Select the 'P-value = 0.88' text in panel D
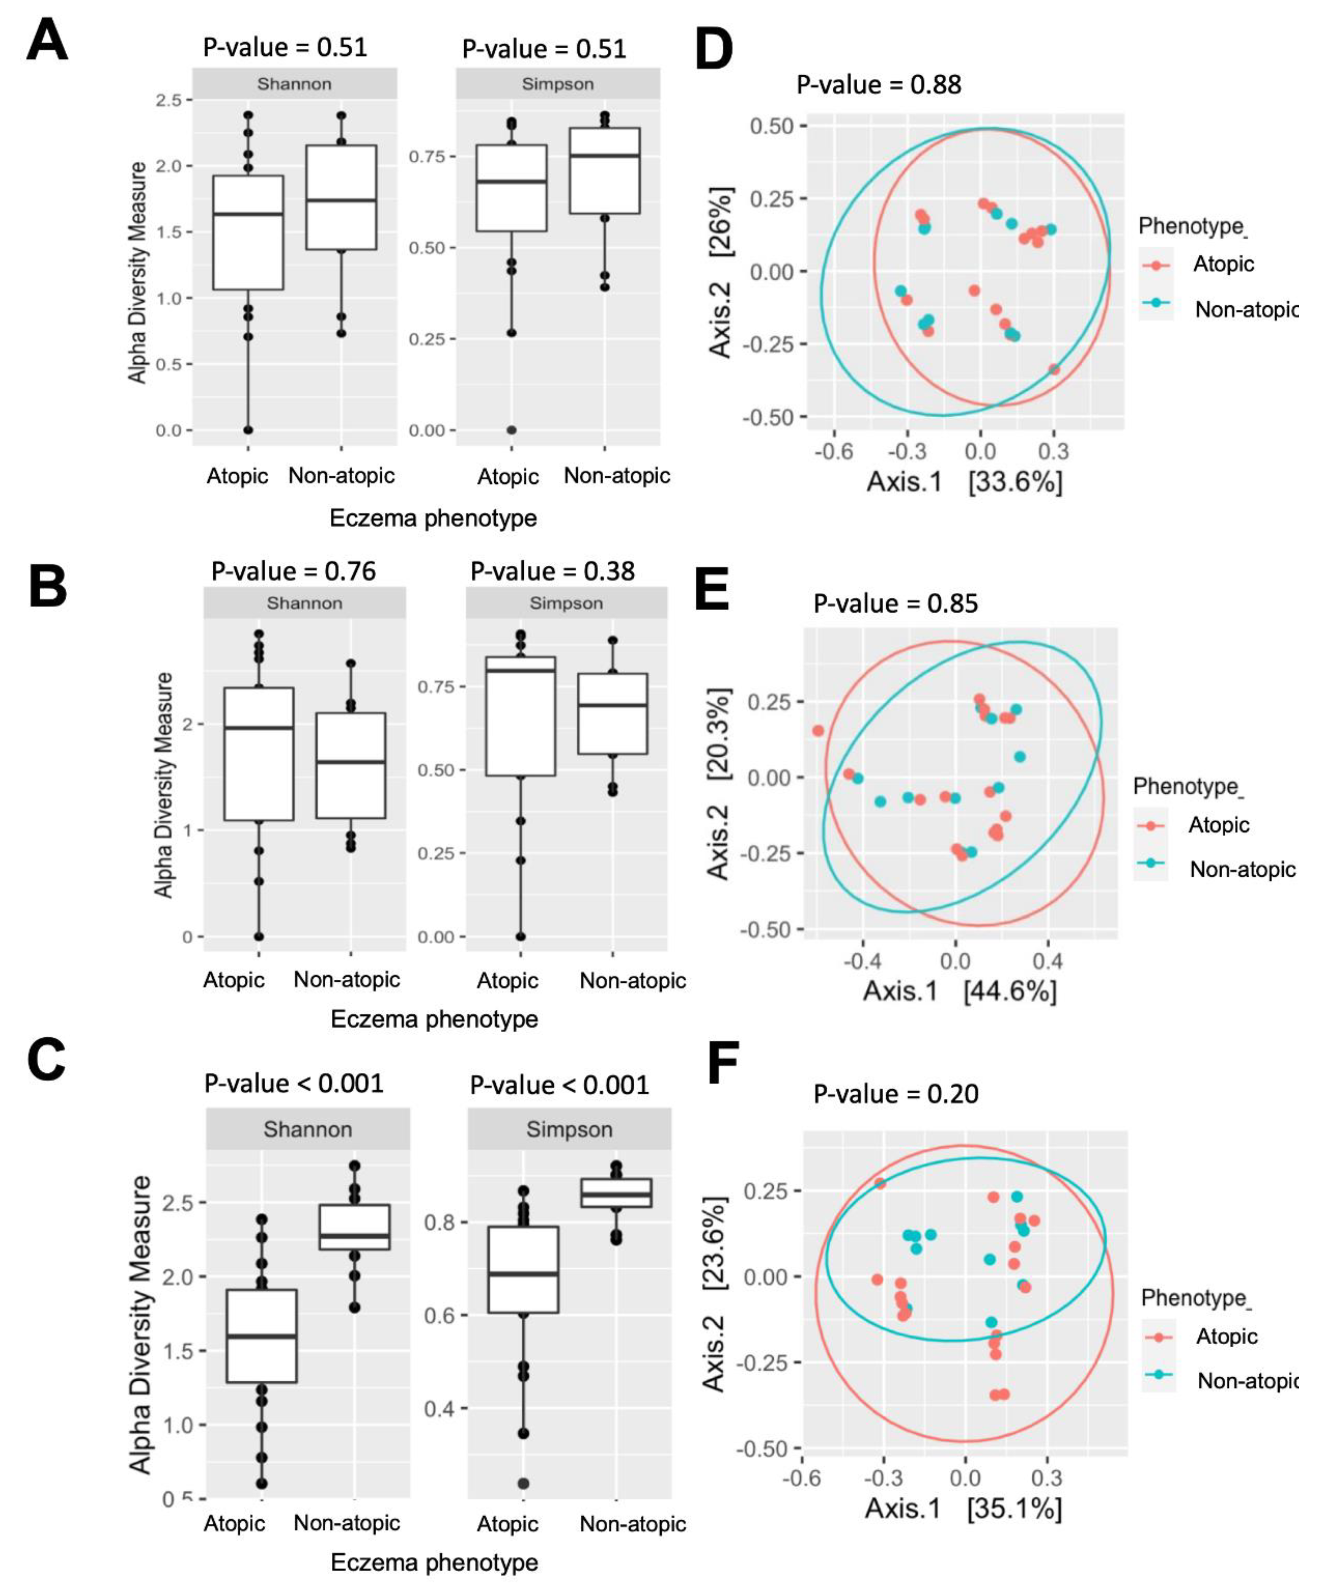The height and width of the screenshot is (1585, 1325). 879,84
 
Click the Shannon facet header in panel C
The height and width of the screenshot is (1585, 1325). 307,1130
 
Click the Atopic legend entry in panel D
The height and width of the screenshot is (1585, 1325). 1223,264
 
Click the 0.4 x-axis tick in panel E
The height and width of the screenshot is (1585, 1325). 1047,961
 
